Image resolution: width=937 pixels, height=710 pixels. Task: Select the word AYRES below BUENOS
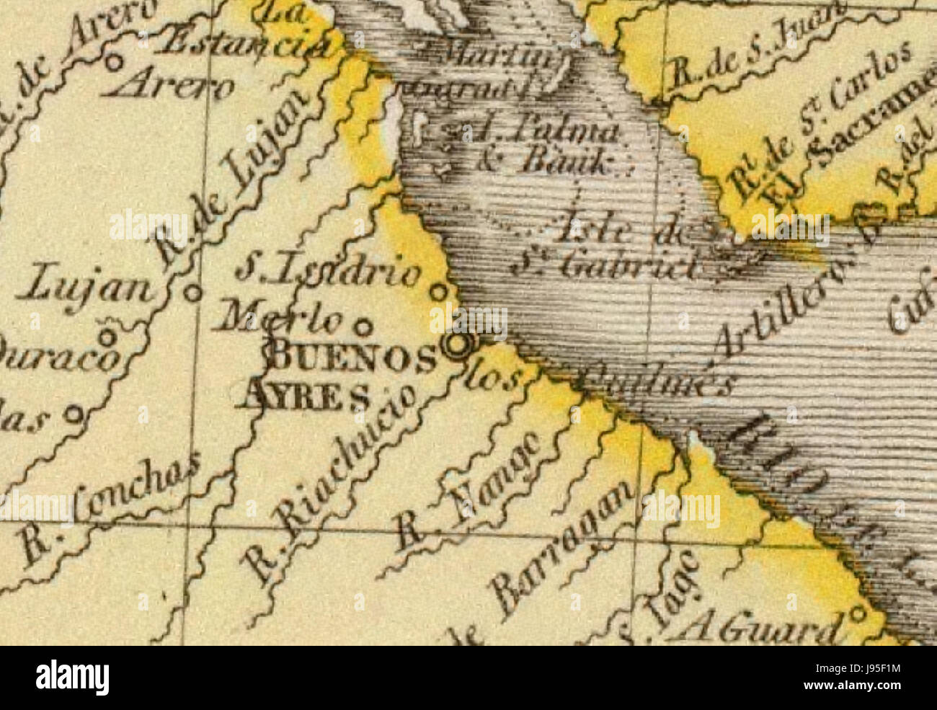(306, 394)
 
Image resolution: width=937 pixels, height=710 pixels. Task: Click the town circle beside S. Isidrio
(438, 292)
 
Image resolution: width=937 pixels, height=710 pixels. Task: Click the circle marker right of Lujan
(192, 293)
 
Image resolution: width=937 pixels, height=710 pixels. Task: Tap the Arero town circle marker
(113, 63)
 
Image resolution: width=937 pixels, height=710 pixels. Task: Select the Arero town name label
(169, 87)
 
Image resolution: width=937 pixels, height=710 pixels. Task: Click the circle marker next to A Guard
(857, 614)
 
